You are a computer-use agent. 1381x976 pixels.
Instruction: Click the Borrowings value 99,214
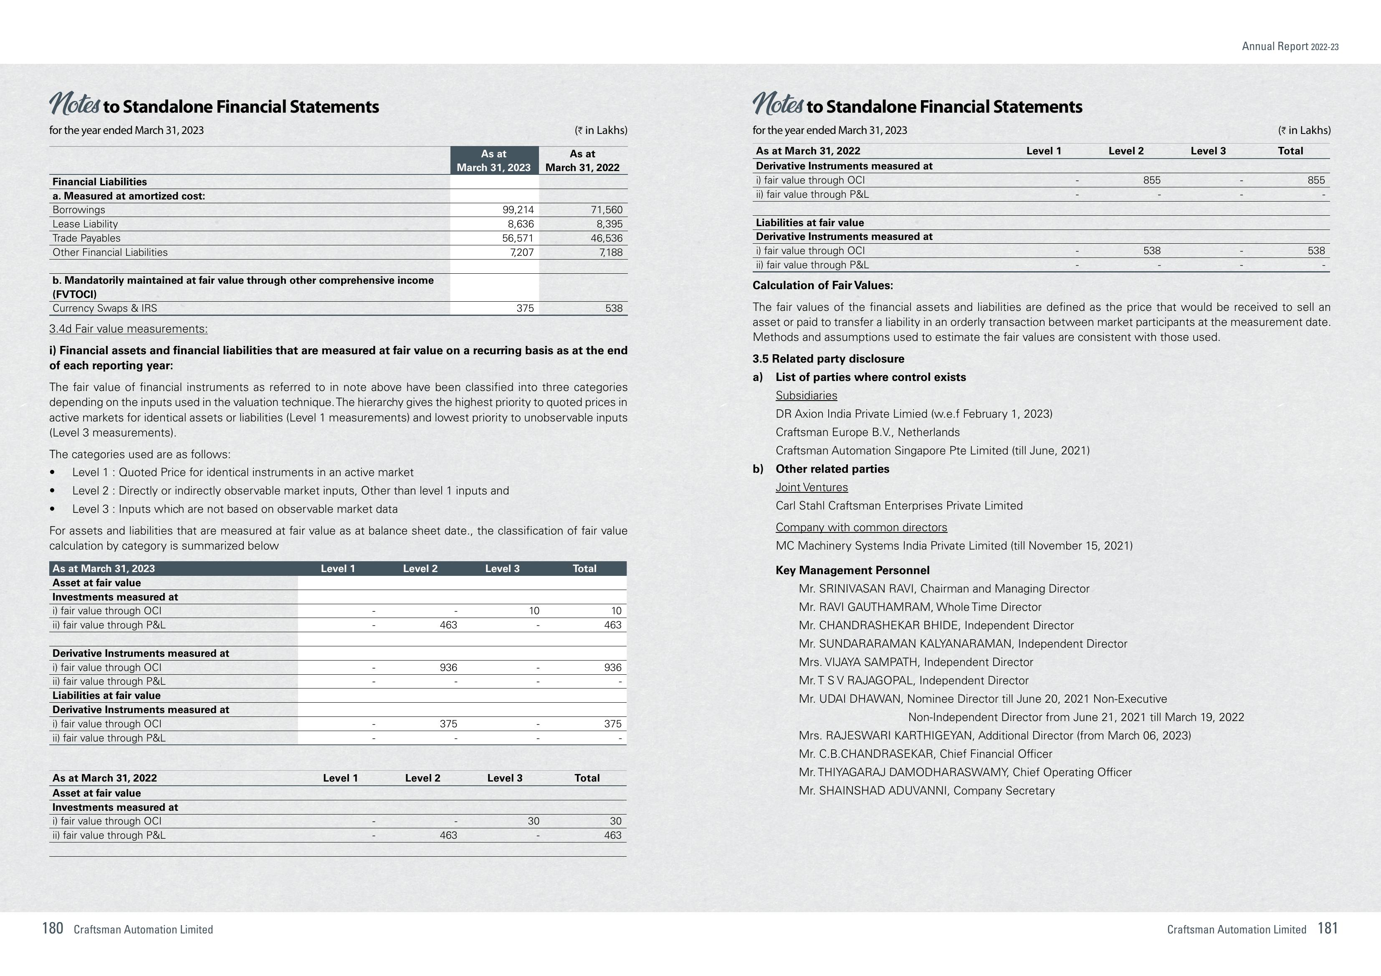(517, 210)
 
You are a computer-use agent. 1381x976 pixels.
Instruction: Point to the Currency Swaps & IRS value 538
(614, 308)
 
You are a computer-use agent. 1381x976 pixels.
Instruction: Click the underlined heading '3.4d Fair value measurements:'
(128, 329)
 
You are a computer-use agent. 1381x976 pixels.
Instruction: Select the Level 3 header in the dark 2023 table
(502, 568)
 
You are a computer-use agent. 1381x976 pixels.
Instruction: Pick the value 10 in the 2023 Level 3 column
(534, 611)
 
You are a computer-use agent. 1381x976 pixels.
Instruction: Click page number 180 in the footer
(52, 928)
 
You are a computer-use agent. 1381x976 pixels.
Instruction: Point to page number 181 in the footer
(1328, 928)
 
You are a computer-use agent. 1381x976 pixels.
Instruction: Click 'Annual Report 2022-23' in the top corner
(1290, 47)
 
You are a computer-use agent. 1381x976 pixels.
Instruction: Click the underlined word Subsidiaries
(806, 396)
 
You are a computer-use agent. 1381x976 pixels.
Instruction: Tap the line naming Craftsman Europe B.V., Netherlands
(868, 432)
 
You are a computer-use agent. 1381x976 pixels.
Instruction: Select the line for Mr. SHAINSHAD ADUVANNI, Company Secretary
(926, 791)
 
